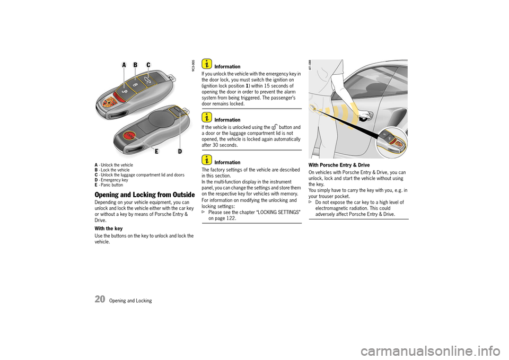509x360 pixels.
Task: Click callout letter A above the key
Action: pyautogui.click(x=124, y=65)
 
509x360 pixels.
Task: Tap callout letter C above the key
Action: pyautogui.click(x=148, y=65)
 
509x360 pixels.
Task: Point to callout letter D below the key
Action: pyautogui.click(x=180, y=152)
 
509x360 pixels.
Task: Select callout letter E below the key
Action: pyautogui.click(x=156, y=152)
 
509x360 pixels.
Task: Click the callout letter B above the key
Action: pyautogui.click(x=136, y=65)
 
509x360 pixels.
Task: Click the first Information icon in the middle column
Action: pyautogui.click(x=206, y=64)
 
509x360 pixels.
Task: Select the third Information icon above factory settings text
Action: pyautogui.click(x=206, y=160)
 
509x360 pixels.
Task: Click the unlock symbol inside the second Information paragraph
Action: pyautogui.click(x=274, y=127)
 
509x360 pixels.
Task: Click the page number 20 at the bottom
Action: pyautogui.click(x=100, y=299)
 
